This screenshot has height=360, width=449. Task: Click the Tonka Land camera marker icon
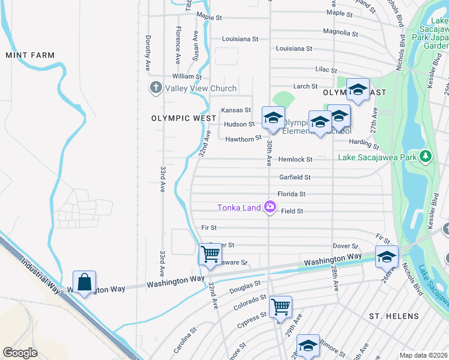click(x=270, y=208)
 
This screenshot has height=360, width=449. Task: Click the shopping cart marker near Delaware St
click(x=210, y=254)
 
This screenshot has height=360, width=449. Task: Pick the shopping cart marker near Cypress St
click(x=280, y=307)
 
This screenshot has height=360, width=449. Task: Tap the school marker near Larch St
click(x=358, y=89)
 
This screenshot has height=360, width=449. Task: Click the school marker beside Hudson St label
click(x=273, y=117)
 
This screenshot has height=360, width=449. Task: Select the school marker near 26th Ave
click(x=387, y=256)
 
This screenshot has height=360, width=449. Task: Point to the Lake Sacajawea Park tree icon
click(x=426, y=157)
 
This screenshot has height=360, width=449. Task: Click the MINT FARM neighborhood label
click(x=30, y=55)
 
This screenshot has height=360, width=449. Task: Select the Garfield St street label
click(x=295, y=177)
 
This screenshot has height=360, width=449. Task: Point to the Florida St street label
click(x=291, y=194)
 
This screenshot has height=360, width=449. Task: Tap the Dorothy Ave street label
click(x=147, y=52)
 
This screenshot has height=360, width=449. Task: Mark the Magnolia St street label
click(x=336, y=31)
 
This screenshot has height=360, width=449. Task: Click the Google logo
click(x=20, y=353)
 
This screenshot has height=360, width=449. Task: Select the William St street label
click(x=187, y=76)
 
